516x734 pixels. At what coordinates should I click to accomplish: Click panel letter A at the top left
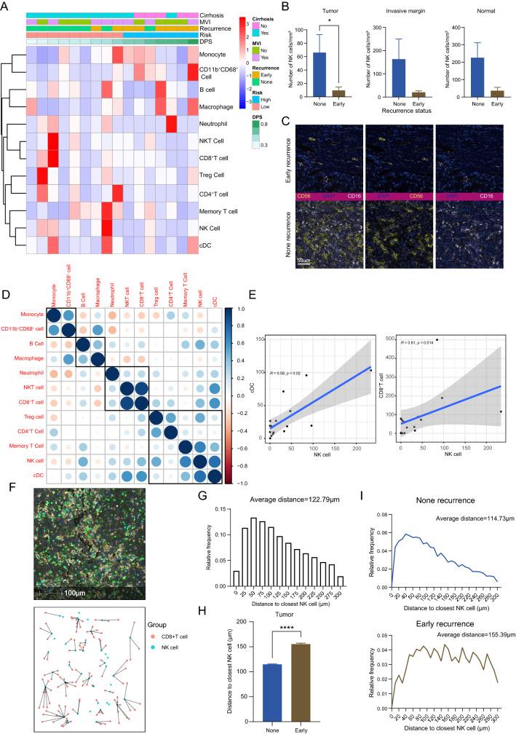pyautogui.click(x=6, y=6)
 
